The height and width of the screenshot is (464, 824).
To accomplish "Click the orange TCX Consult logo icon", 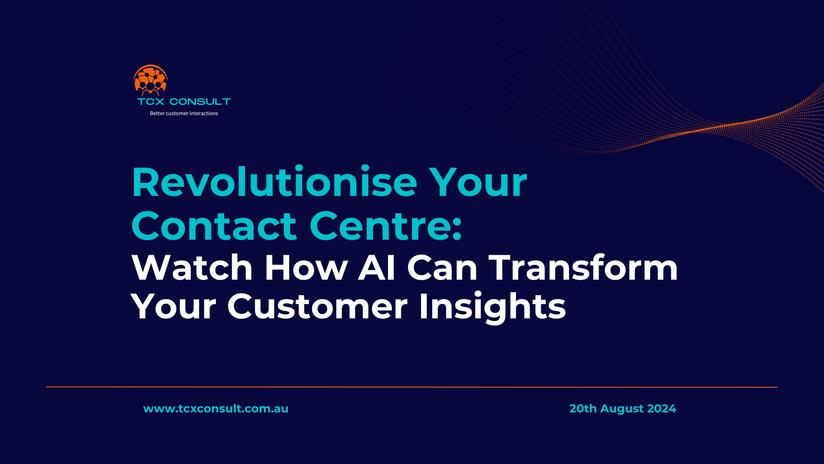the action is point(150,80).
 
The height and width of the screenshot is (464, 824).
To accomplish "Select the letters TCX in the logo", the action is point(151,102).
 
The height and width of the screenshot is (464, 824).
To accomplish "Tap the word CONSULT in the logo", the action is point(200,102).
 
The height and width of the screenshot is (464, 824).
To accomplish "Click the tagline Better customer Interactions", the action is point(184,113).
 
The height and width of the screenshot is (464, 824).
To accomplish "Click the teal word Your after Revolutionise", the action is point(478,183).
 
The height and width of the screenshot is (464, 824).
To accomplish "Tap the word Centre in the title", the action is point(379,226).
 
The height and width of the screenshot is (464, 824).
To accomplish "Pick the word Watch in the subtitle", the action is point(192,268).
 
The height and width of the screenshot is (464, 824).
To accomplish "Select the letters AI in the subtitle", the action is point(377,268).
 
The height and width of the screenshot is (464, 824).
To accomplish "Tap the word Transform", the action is point(583,268).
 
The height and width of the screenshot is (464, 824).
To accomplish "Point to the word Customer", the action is point(317,307).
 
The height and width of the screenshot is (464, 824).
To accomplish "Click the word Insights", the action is point(492,307).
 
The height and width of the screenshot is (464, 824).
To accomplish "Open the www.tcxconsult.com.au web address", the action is point(216,409).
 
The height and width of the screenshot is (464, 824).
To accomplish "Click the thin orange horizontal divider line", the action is point(412,387).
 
